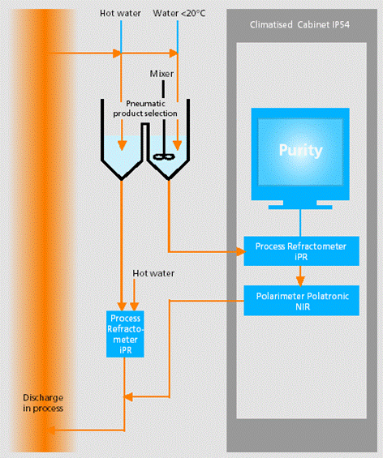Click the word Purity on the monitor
click(x=300, y=151)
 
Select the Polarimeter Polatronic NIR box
click(x=301, y=301)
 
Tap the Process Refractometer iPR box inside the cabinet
click(x=301, y=251)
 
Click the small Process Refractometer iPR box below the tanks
click(x=125, y=334)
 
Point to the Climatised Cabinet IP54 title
click(x=299, y=24)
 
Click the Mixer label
click(x=161, y=74)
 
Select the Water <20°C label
click(x=179, y=13)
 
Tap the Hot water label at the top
click(x=120, y=13)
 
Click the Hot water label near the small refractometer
click(x=153, y=273)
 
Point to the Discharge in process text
click(x=43, y=403)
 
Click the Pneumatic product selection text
click(x=145, y=109)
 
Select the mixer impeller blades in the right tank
click(x=164, y=156)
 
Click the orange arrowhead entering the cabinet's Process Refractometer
click(x=241, y=251)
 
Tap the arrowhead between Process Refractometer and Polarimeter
click(x=300, y=281)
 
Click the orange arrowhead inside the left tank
click(x=122, y=145)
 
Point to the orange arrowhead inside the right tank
click(x=177, y=145)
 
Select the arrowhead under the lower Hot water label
click(x=134, y=306)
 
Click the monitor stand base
click(x=300, y=207)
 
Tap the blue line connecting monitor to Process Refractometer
click(x=300, y=223)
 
